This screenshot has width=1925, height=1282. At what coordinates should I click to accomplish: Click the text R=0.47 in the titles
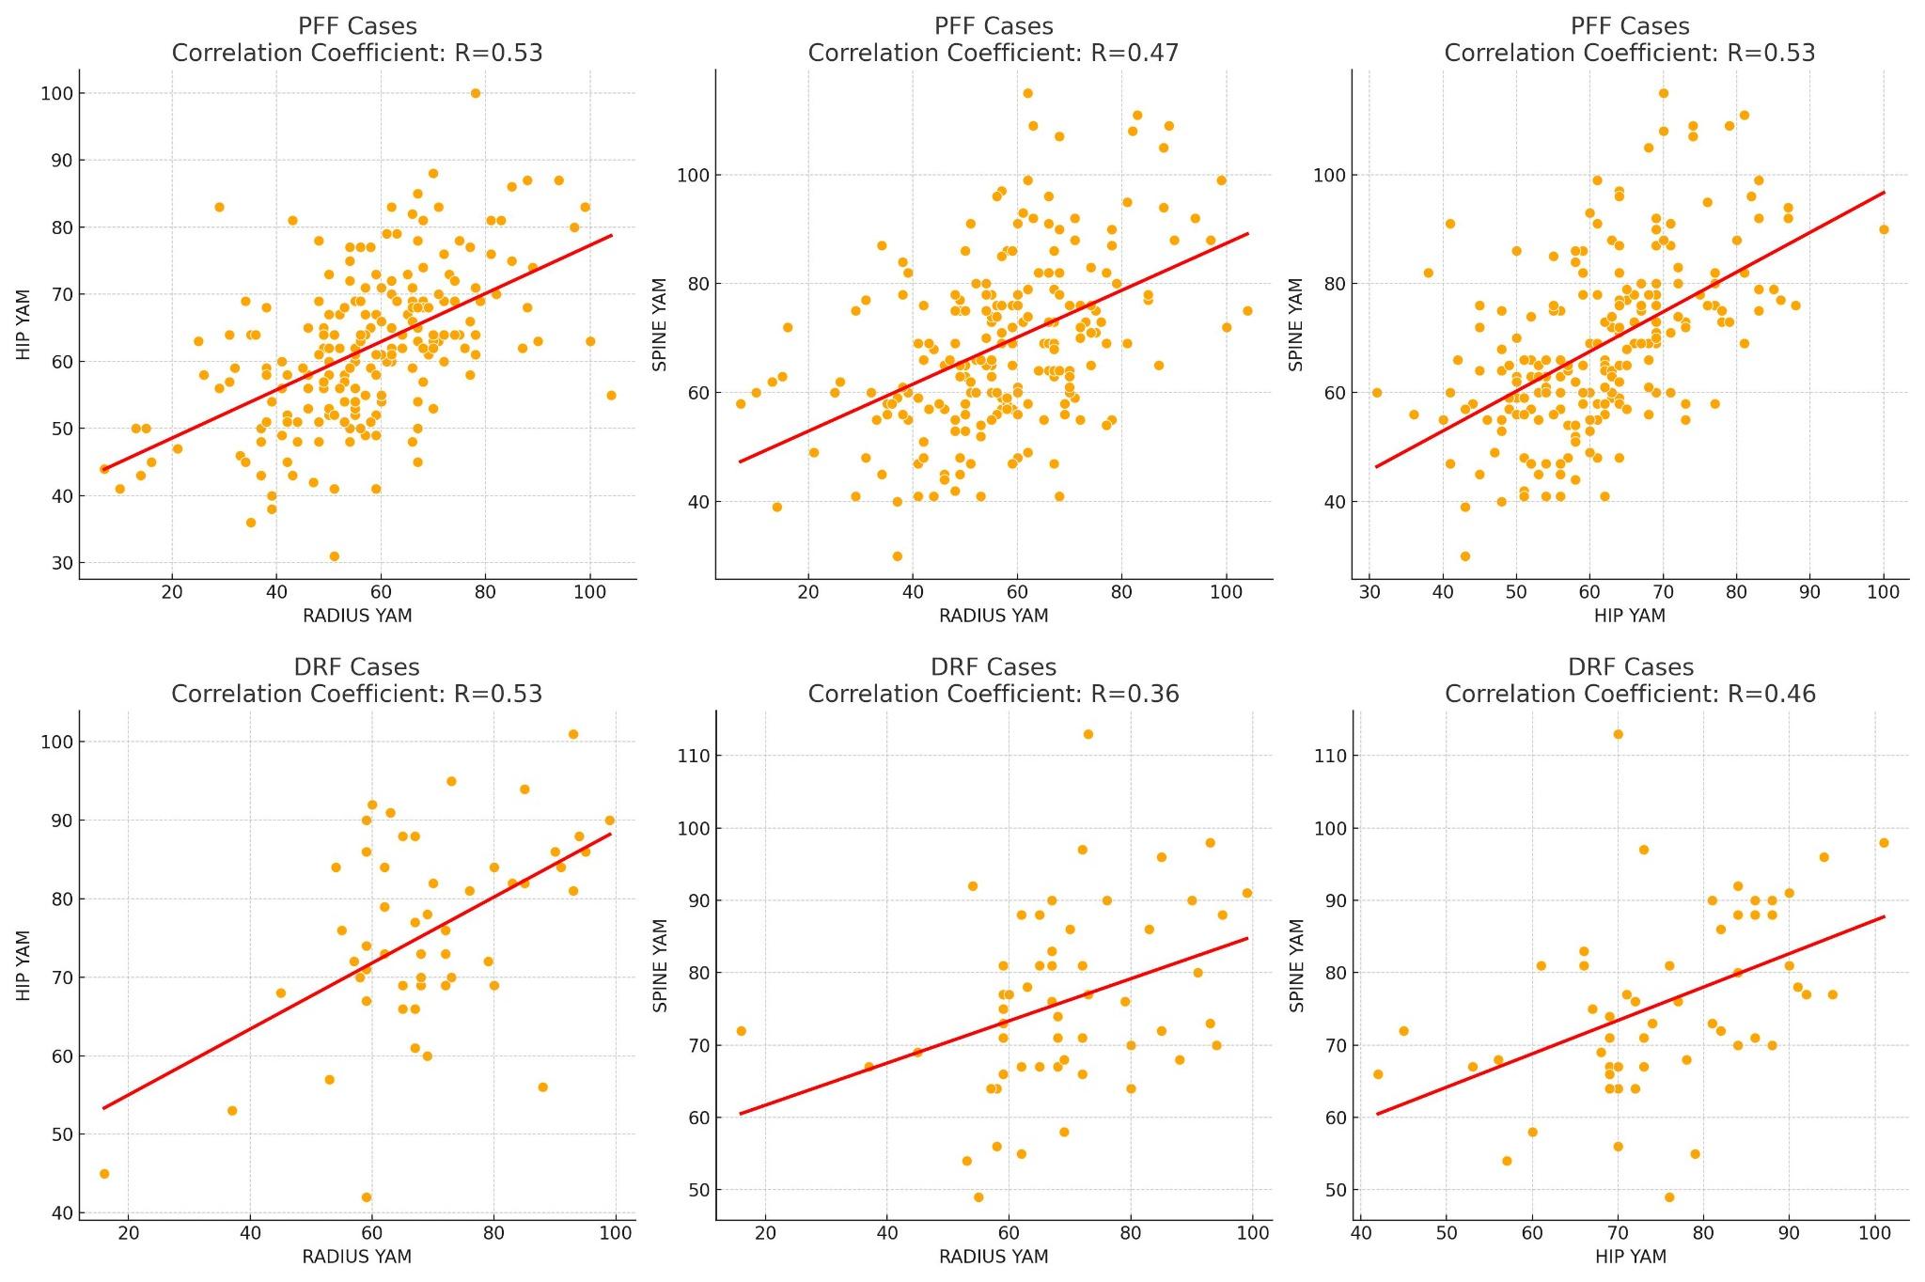tap(1135, 54)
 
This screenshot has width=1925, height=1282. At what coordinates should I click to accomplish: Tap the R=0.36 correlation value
tap(1135, 695)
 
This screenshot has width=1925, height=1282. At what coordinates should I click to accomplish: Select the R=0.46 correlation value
tap(1771, 695)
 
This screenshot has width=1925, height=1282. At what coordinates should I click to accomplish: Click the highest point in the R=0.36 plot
tap(1088, 734)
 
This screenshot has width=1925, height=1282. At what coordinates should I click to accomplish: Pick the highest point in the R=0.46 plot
tap(1618, 734)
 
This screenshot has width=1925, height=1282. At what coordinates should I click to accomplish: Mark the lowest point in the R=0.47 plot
tap(897, 556)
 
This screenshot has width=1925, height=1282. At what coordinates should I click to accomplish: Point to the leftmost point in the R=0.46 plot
tap(1378, 1074)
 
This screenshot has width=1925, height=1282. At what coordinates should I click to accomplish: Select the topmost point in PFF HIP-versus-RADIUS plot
tap(475, 93)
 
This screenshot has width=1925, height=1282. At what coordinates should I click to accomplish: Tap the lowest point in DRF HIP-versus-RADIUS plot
tap(367, 1197)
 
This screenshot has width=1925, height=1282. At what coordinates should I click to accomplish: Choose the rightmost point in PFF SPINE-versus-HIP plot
tap(1884, 229)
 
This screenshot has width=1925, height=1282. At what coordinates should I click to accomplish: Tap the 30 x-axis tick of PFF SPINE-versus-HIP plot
tap(1369, 592)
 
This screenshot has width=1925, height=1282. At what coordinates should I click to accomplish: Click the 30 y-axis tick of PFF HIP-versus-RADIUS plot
tap(63, 563)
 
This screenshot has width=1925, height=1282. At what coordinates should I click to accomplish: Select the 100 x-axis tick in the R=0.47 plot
tap(1226, 592)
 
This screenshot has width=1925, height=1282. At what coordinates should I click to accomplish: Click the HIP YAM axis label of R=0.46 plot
tap(1630, 1257)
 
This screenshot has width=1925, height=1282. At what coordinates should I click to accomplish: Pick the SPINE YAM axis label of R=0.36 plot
tap(660, 965)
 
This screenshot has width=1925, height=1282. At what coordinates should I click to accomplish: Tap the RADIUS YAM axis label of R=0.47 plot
tap(994, 616)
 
